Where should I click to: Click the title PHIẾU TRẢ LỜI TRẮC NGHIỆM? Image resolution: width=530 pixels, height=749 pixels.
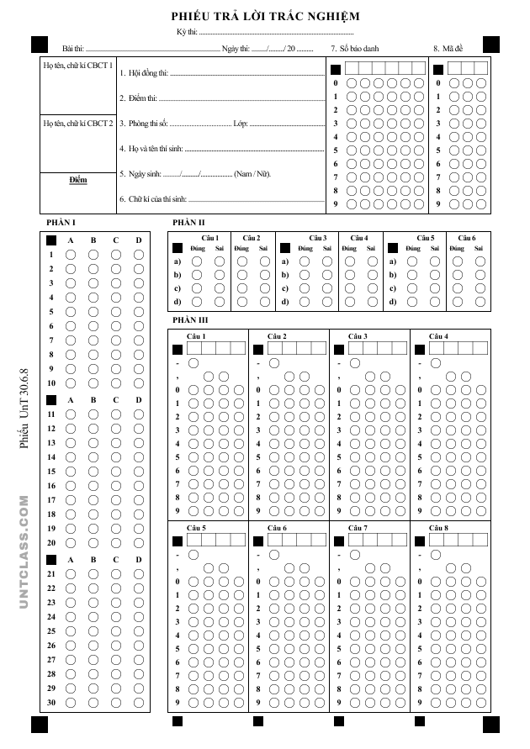click(265, 16)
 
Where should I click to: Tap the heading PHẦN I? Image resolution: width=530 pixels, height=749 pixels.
click(62, 222)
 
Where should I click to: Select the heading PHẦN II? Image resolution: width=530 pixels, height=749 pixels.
click(188, 222)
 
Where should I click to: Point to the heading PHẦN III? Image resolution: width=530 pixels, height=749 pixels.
click(190, 319)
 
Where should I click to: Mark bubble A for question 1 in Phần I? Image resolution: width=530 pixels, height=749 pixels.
click(71, 255)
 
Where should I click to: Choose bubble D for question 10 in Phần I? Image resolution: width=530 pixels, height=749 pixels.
click(139, 383)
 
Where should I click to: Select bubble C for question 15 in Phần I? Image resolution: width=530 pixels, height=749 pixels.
click(116, 457)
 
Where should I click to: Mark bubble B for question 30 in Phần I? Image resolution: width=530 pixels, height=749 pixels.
click(93, 702)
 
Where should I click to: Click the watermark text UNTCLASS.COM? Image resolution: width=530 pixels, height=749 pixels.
click(24, 564)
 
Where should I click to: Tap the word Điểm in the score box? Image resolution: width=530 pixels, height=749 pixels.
click(77, 180)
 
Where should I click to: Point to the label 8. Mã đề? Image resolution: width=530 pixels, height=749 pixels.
click(448, 49)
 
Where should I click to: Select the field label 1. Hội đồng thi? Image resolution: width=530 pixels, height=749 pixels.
click(144, 73)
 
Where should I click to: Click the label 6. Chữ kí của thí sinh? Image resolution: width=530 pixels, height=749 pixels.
click(153, 200)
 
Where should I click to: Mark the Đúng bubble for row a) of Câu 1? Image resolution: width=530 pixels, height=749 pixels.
click(197, 261)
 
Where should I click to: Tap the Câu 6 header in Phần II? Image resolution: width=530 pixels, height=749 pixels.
click(467, 238)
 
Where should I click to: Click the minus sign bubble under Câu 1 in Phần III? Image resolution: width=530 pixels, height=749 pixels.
click(193, 363)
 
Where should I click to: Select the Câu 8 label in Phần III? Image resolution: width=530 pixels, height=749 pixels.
click(438, 527)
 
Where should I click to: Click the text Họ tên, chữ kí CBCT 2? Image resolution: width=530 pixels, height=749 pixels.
click(77, 123)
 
